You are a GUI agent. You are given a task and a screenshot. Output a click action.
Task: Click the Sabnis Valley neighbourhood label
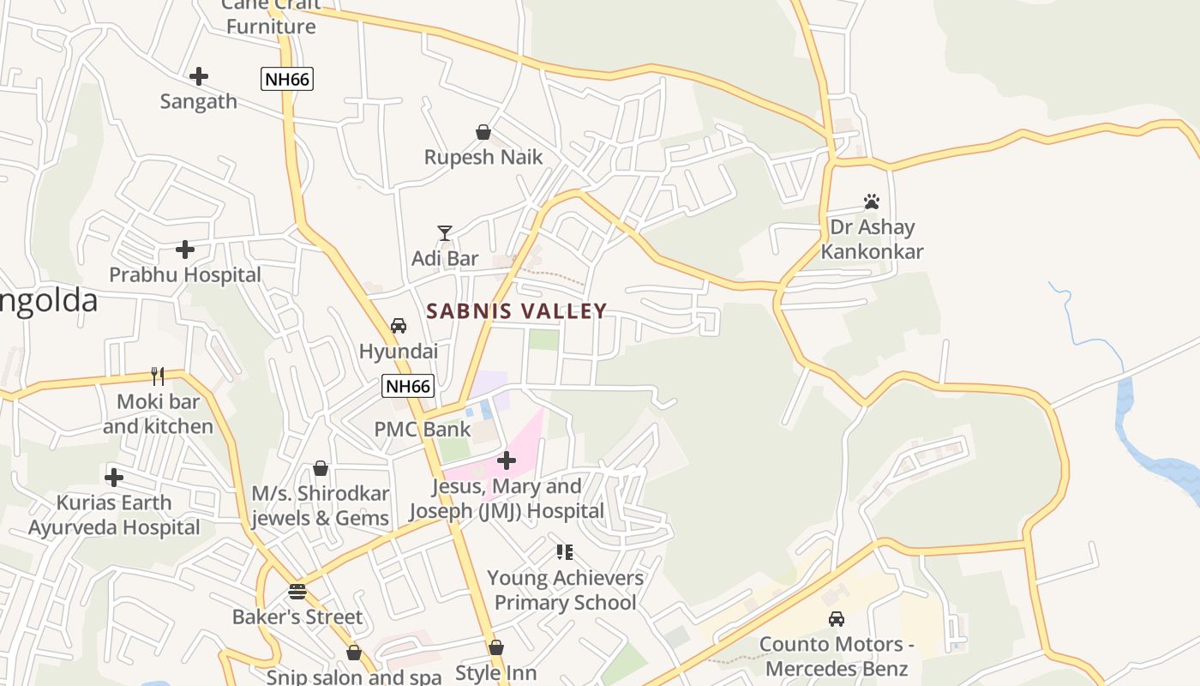[x=517, y=311]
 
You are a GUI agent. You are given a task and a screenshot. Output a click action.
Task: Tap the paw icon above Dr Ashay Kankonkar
[x=872, y=202]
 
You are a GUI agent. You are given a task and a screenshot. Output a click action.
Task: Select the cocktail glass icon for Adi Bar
[x=445, y=233]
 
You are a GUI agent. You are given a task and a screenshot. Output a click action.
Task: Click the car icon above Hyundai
[x=399, y=326]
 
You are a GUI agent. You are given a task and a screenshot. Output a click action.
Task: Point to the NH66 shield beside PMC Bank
[x=408, y=386]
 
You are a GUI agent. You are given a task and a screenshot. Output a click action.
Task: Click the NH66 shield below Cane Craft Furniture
[x=287, y=80]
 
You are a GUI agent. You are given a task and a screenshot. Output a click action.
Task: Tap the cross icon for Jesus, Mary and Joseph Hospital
[x=507, y=460]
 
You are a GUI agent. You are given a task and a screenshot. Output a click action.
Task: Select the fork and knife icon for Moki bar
[x=158, y=376]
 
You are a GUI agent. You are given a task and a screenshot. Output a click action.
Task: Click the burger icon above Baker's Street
[x=297, y=592]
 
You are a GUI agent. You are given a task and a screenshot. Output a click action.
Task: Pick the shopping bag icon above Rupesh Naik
[x=483, y=132]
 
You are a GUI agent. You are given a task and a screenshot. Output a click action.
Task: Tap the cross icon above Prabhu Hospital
[x=185, y=250]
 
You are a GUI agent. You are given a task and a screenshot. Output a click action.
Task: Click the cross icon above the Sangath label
[x=199, y=76]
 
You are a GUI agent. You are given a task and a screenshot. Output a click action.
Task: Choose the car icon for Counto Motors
[x=836, y=618]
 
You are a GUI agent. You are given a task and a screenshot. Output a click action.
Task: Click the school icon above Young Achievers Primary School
[x=564, y=551]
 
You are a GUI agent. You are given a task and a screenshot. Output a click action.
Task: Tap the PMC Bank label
[x=423, y=429]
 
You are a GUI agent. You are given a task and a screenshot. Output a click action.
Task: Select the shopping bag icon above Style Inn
[x=496, y=647]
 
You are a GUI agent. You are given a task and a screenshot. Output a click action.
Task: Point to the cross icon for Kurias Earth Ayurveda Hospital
[x=114, y=478]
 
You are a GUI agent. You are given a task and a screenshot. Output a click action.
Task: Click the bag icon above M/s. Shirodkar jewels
[x=321, y=468]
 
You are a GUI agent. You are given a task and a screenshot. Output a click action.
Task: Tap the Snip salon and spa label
[x=353, y=677]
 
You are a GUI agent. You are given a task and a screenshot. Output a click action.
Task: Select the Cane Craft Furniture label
[x=271, y=17]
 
